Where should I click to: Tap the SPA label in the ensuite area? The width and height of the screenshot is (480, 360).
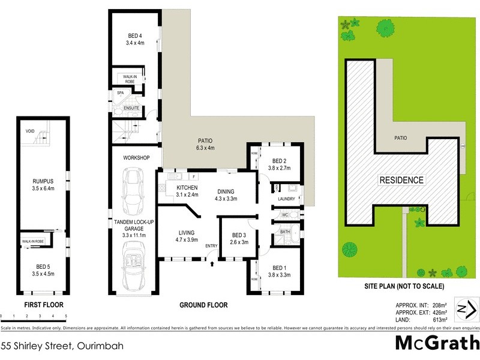click(120, 93)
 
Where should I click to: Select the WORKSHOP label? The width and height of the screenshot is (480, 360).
click(136, 158)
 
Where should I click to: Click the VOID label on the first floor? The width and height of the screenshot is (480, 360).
click(29, 131)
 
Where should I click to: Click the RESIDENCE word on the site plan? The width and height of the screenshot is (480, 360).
click(401, 180)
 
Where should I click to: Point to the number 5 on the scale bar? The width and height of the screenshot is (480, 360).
click(66, 316)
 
